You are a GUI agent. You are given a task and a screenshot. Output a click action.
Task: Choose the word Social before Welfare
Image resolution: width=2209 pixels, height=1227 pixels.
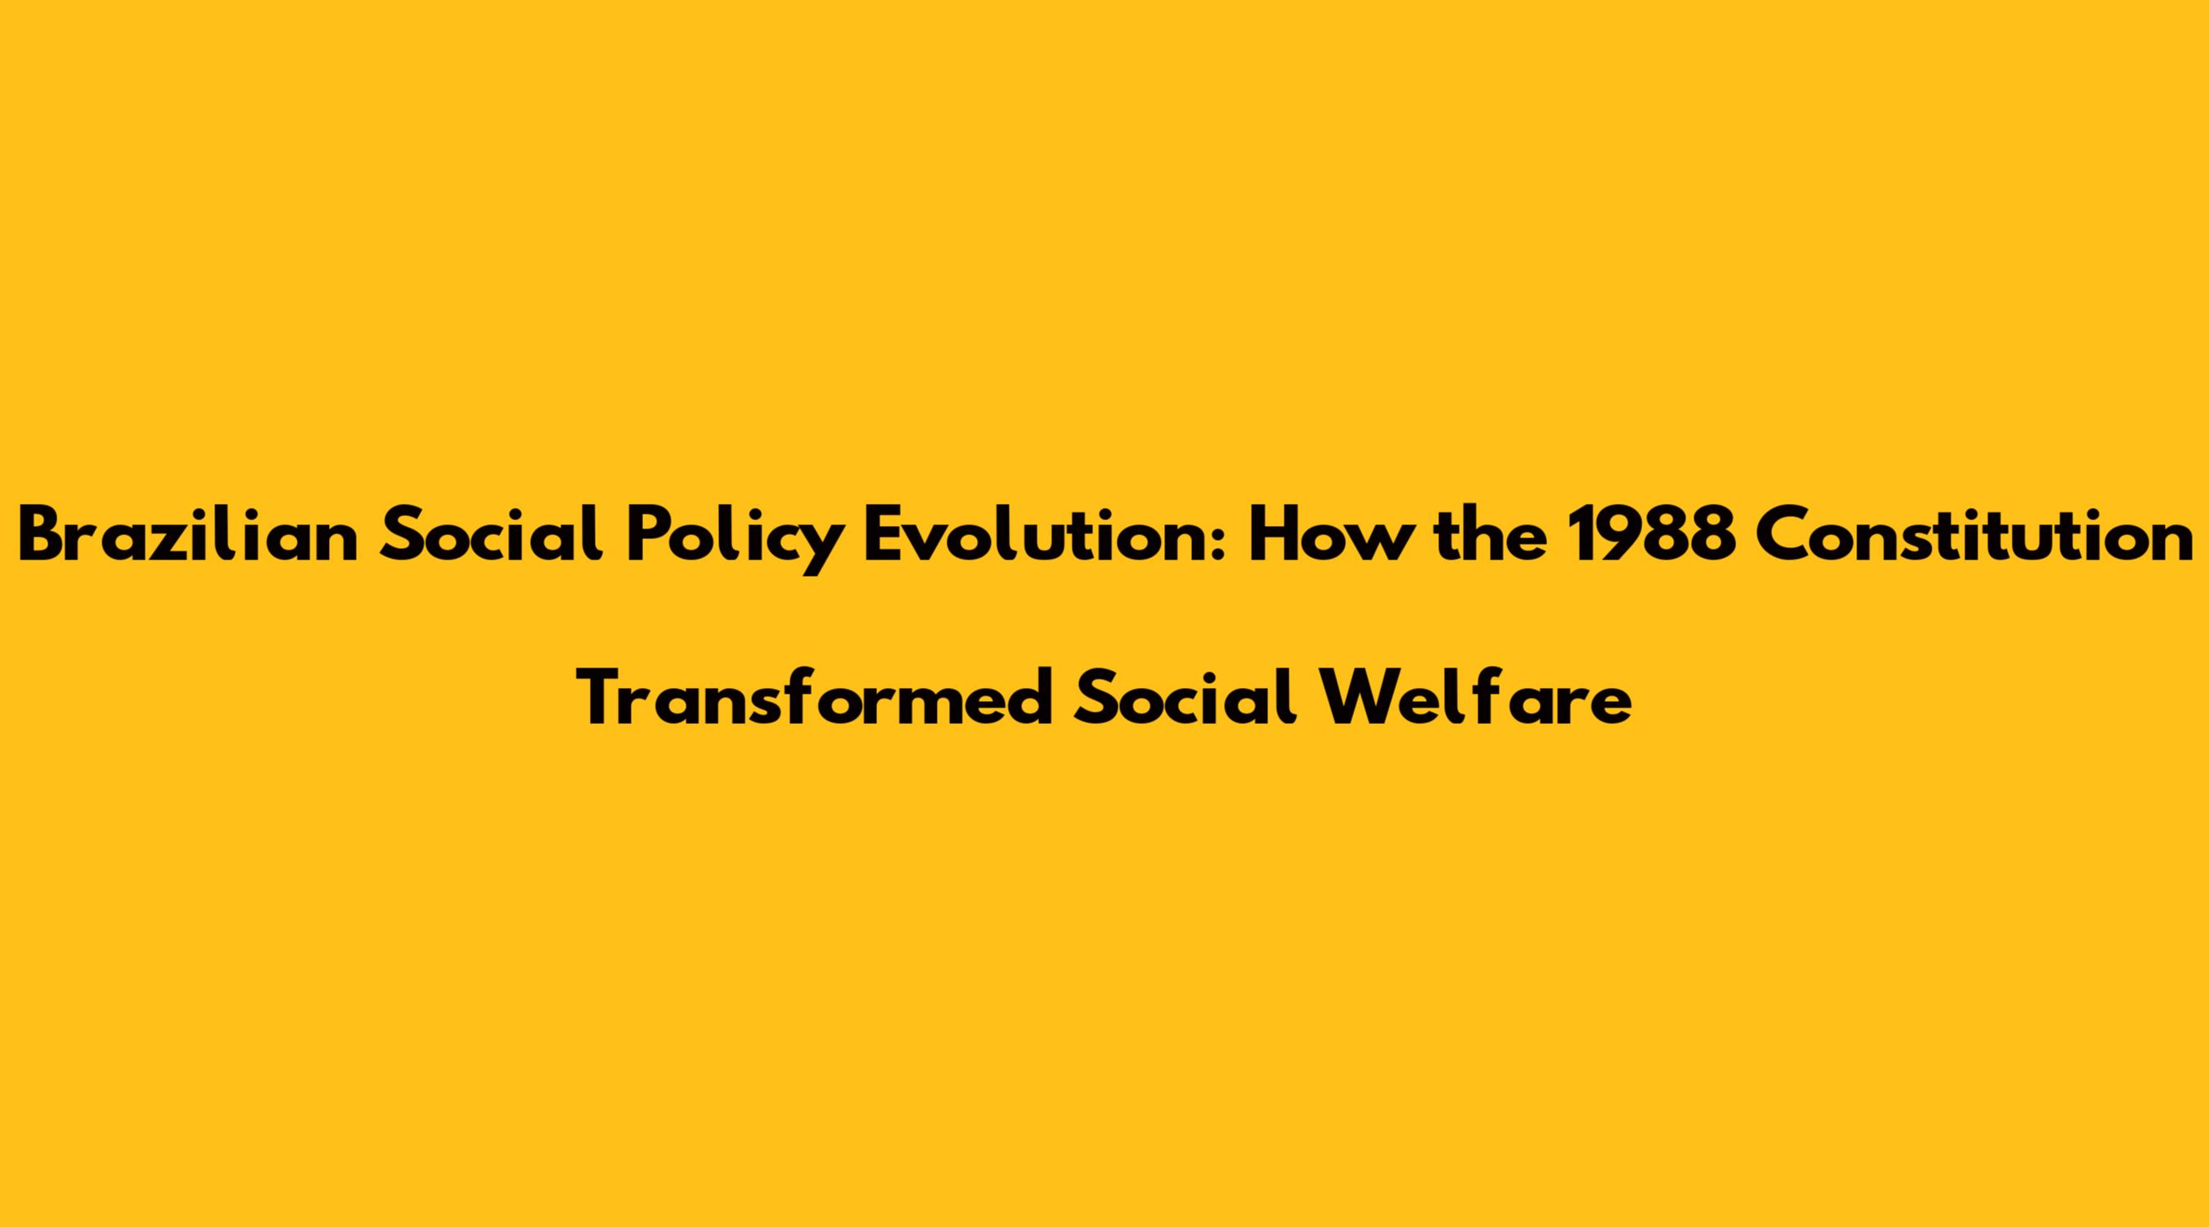[1186, 698]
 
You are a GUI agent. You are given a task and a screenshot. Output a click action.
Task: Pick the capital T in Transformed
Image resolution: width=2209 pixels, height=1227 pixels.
[604, 699]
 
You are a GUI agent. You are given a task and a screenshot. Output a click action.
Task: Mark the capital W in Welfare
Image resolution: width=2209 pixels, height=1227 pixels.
[1356, 699]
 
